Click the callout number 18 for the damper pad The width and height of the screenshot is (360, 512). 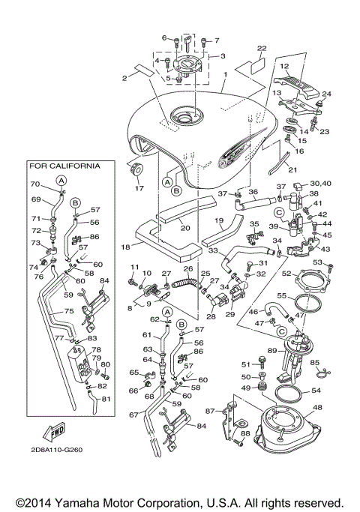(126, 245)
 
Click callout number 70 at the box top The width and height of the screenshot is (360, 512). (34, 184)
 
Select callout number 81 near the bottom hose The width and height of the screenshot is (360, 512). (106, 398)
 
